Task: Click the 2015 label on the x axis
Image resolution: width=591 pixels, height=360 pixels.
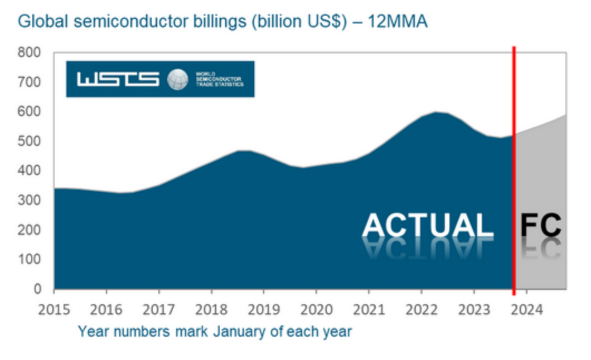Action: click(54, 309)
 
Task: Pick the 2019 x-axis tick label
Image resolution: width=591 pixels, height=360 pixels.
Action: click(264, 309)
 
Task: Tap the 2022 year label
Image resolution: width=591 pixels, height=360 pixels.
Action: click(421, 309)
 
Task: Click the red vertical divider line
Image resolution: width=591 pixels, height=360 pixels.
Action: click(514, 167)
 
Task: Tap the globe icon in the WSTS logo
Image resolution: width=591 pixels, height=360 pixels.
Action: click(178, 79)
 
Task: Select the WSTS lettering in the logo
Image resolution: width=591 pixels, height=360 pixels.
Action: click(118, 79)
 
